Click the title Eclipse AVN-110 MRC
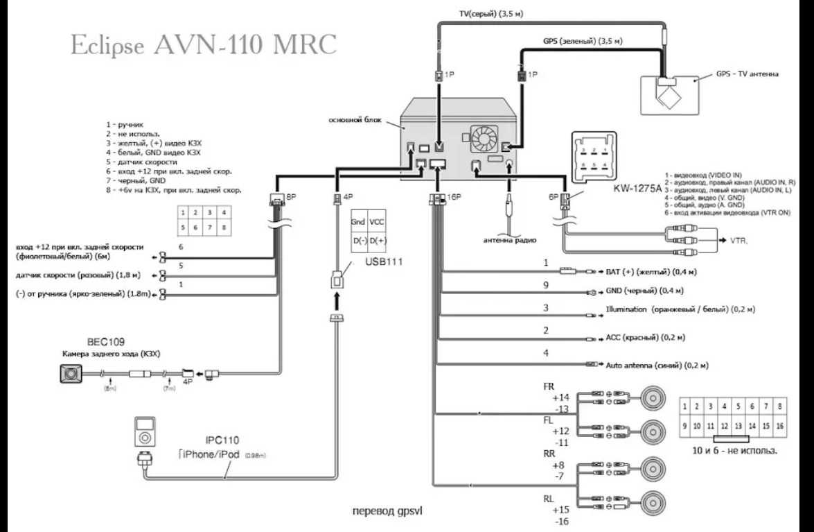204,44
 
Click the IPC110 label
222,440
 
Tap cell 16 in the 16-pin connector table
780,425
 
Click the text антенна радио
510,241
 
